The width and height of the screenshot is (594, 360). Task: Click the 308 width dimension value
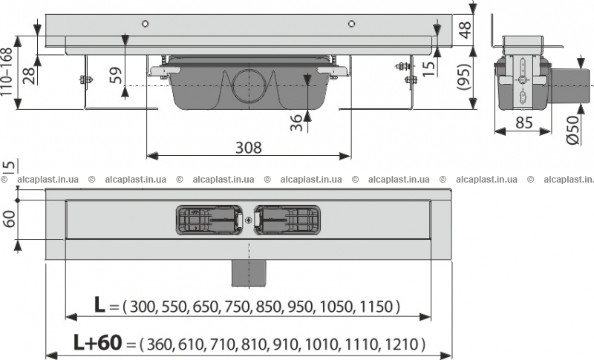(x=249, y=148)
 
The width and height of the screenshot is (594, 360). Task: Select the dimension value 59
(x=116, y=75)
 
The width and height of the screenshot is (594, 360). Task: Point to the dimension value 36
(x=296, y=123)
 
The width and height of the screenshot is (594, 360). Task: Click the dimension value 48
(x=466, y=30)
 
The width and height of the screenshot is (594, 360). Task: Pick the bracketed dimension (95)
(x=465, y=77)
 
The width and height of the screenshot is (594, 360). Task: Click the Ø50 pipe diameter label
(x=573, y=130)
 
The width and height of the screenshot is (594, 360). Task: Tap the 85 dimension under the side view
(x=524, y=122)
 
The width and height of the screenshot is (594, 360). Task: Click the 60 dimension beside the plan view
(x=9, y=218)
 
